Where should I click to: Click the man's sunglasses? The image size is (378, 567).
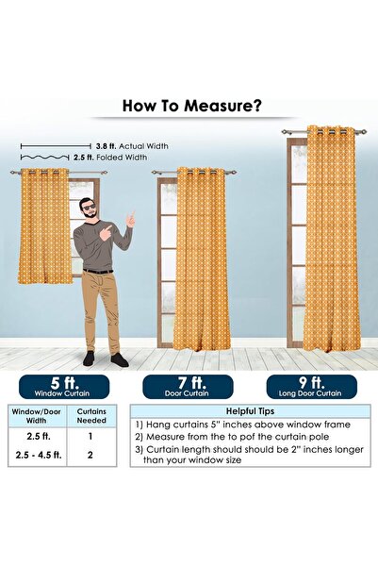point(89,207)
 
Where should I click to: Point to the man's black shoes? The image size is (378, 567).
point(104,359)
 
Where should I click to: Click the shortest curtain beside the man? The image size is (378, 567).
point(45,225)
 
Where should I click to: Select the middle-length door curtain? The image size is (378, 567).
point(201,258)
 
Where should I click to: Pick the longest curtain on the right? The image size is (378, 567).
point(331,239)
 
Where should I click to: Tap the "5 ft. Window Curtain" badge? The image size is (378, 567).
point(61,387)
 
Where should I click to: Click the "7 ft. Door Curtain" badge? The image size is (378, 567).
point(188,387)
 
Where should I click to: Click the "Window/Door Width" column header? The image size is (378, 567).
point(34,417)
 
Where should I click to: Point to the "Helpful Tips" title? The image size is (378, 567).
point(250,411)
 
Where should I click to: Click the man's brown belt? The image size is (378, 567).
point(97,272)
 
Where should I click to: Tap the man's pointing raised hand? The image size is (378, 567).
point(129,220)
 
